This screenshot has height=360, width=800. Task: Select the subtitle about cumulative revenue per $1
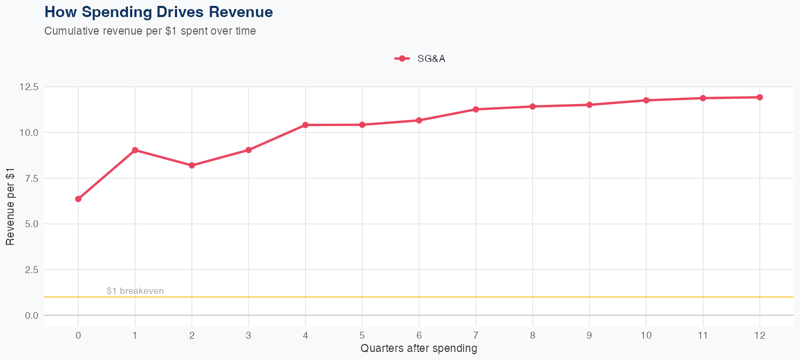click(150, 31)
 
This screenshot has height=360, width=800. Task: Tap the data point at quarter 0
click(78, 199)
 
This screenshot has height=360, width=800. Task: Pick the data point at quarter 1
click(135, 150)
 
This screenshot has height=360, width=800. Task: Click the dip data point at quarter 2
click(192, 165)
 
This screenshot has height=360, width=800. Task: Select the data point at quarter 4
click(306, 125)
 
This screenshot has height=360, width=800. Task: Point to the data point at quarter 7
click(476, 109)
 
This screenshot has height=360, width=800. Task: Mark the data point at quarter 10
click(646, 100)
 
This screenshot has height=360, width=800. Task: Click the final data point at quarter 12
click(759, 97)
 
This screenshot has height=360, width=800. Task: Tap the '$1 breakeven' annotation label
click(135, 291)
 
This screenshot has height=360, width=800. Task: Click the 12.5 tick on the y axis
click(29, 87)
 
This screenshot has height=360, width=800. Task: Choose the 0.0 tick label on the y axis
click(31, 316)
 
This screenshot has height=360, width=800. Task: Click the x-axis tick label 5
click(362, 335)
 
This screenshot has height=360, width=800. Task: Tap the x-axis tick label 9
click(589, 335)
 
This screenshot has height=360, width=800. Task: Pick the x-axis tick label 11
click(703, 335)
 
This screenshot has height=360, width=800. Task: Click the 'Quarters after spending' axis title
click(419, 349)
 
